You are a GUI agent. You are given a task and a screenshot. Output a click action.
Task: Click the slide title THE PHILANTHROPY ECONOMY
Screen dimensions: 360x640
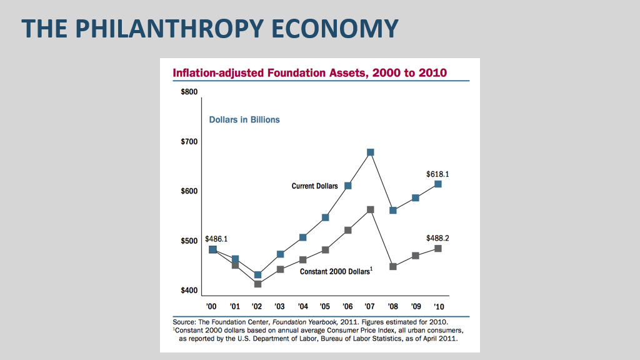(210, 29)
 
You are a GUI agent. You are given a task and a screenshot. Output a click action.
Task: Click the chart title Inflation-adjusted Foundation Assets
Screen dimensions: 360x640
(309, 72)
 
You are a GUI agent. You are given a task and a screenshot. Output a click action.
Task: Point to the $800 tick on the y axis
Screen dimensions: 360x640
(189, 92)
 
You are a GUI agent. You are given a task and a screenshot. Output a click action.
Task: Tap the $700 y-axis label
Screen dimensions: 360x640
(189, 141)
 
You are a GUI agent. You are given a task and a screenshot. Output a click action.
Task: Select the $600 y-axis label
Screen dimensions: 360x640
(189, 191)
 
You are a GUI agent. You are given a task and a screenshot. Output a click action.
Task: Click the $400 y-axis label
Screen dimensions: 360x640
(189, 290)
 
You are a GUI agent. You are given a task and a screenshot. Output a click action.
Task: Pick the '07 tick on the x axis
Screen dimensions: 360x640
(371, 306)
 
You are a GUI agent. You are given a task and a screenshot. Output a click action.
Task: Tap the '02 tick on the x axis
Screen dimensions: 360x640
(257, 306)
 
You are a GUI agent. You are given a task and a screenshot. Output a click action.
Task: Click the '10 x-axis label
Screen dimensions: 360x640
(439, 306)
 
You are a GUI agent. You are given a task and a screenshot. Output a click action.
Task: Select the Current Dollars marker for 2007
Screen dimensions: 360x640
(371, 152)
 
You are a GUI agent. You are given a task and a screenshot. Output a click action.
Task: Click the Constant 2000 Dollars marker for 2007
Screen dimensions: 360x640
(371, 210)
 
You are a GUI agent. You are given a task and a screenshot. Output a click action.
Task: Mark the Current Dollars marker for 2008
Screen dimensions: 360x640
(393, 210)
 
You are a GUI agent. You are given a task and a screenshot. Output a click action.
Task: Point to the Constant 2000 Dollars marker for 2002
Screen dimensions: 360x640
(257, 284)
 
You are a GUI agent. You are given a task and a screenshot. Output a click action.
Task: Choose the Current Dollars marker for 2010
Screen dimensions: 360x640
(438, 184)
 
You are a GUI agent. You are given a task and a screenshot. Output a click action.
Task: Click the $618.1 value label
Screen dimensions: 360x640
(437, 174)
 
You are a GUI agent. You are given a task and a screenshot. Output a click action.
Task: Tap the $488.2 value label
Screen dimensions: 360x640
(437, 238)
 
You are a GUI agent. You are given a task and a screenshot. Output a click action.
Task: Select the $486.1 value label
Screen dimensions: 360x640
(216, 239)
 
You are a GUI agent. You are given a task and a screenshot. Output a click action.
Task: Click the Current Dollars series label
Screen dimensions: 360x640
(314, 186)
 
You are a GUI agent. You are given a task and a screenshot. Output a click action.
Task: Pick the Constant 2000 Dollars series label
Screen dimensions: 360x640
(336, 271)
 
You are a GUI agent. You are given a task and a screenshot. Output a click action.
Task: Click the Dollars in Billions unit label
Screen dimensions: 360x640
(244, 119)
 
